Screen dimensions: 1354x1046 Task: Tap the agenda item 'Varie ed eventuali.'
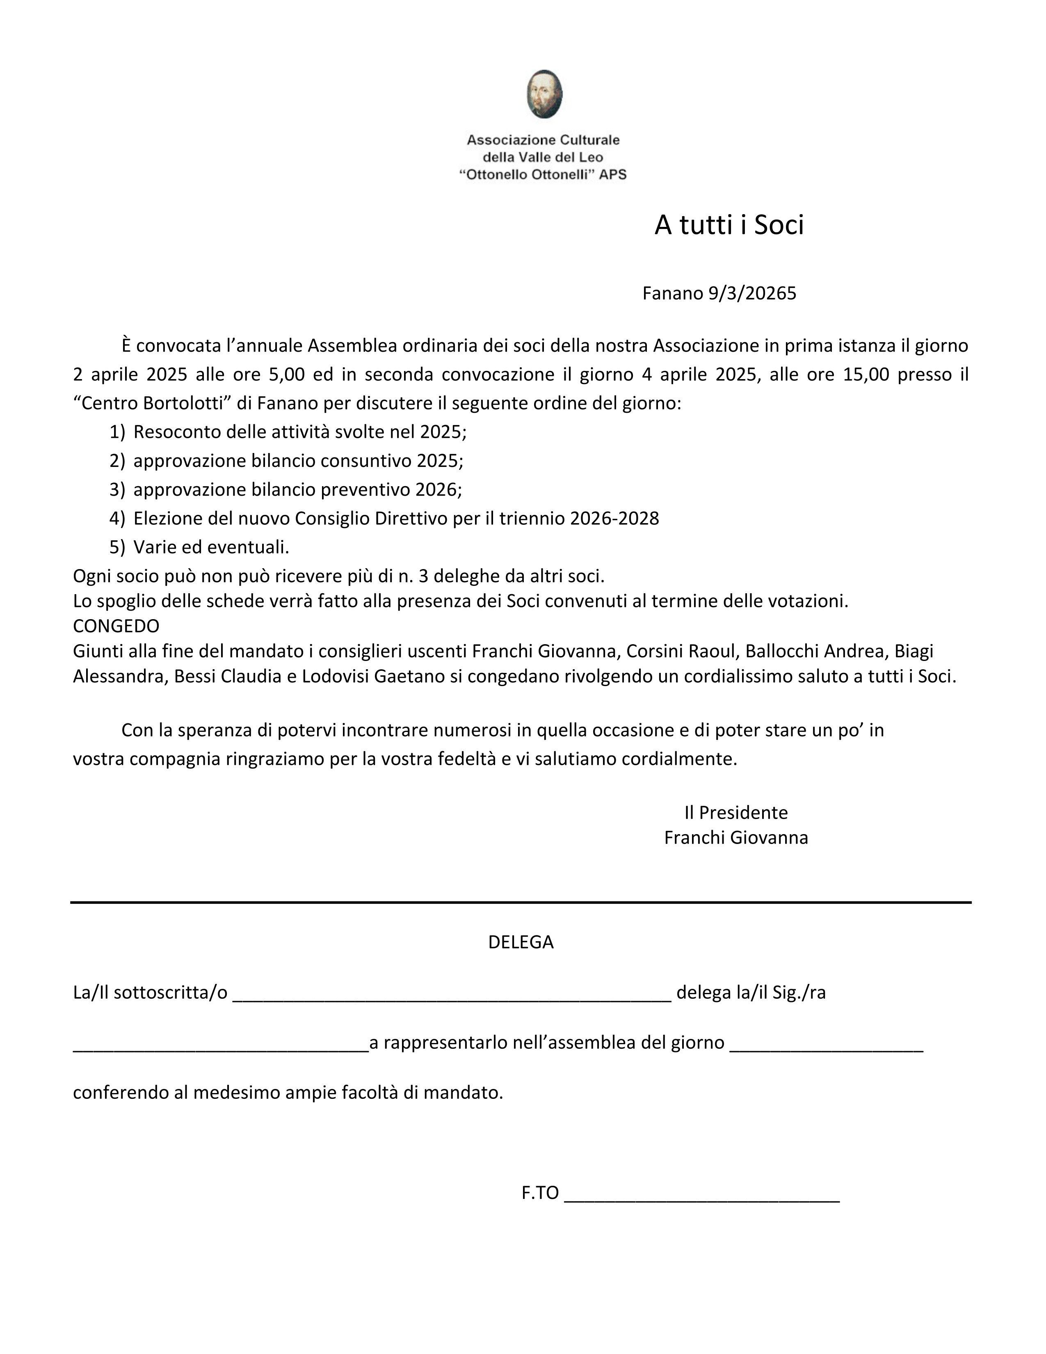click(x=211, y=547)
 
